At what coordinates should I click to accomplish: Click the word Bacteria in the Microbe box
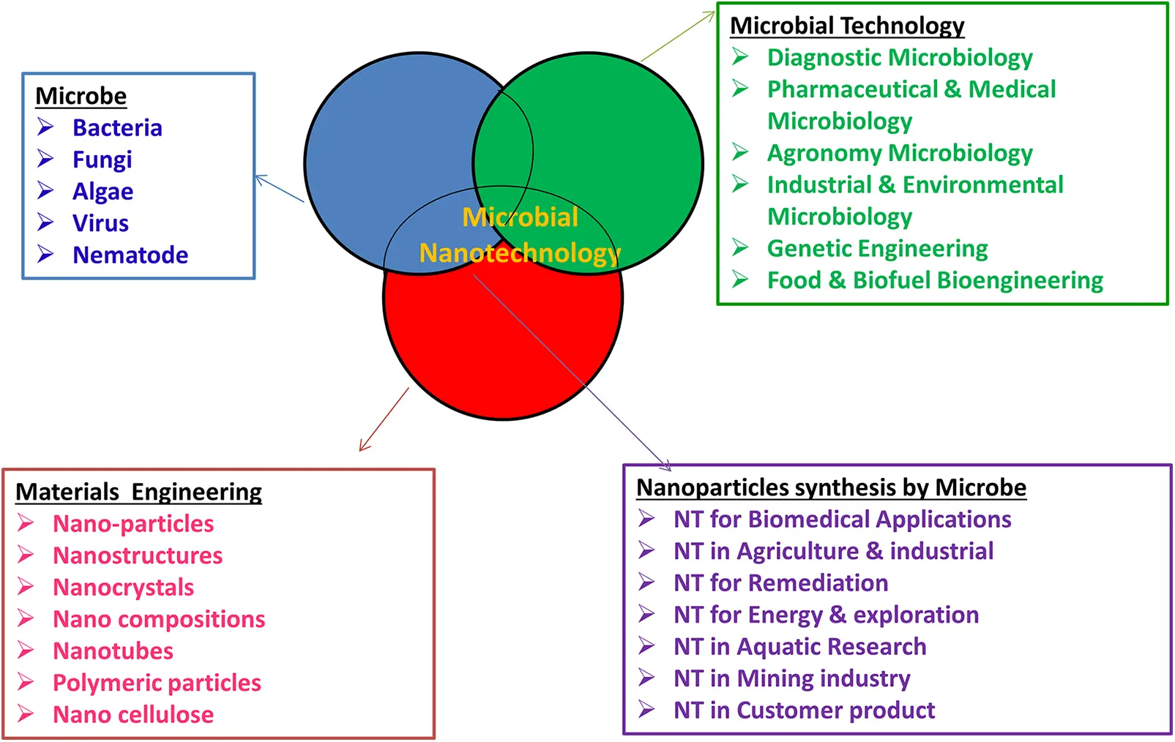tap(117, 128)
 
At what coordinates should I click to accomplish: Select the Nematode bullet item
tap(130, 255)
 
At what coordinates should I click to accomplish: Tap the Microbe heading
tap(81, 96)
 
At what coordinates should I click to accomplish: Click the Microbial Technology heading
tap(847, 26)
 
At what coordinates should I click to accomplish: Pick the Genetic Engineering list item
tap(877, 249)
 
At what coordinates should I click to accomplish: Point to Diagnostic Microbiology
tap(899, 58)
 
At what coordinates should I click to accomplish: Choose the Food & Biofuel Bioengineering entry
tap(935, 280)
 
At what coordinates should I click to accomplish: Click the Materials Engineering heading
tap(138, 492)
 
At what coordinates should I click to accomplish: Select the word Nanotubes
tap(113, 651)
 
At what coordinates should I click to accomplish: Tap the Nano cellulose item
tap(133, 715)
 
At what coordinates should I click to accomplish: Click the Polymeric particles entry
tap(157, 683)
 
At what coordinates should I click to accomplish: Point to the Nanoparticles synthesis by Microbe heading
tap(831, 487)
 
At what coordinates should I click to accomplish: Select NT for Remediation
tap(780, 583)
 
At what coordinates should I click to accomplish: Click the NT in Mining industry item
tap(791, 678)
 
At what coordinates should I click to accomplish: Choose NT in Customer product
tap(804, 711)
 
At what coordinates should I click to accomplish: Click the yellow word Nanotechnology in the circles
tap(520, 253)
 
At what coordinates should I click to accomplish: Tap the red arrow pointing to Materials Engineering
tap(384, 419)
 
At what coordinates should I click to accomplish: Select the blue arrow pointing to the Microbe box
tap(279, 189)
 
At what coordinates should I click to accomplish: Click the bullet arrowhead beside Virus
tap(45, 222)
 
